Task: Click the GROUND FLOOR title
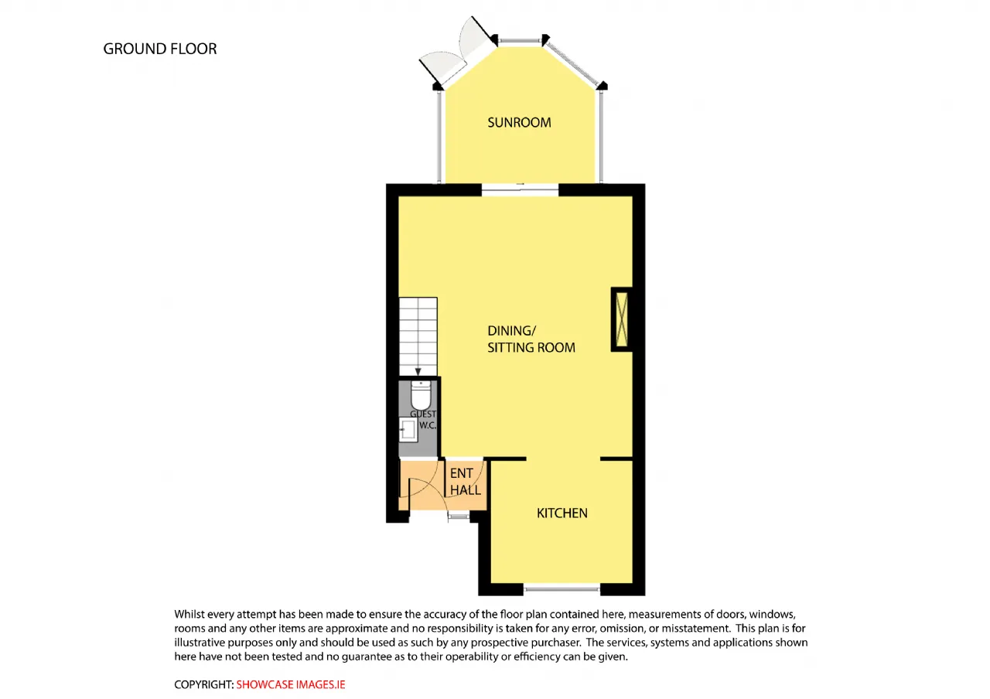pyautogui.click(x=160, y=49)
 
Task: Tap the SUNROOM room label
pyautogui.click(x=519, y=122)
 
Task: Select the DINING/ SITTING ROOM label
pyautogui.click(x=531, y=339)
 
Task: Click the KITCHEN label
pyautogui.click(x=562, y=513)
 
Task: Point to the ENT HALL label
pyautogui.click(x=466, y=482)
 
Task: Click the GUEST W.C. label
pyautogui.click(x=423, y=420)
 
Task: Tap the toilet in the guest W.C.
pyautogui.click(x=421, y=395)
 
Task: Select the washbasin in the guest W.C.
pyautogui.click(x=408, y=429)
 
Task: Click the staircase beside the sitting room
pyautogui.click(x=418, y=336)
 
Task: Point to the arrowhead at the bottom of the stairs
pyautogui.click(x=418, y=372)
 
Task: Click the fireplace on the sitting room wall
pyautogui.click(x=622, y=319)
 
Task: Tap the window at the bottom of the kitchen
pyautogui.click(x=562, y=588)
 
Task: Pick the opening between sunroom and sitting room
pyautogui.click(x=520, y=190)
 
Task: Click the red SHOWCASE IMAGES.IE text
pyautogui.click(x=291, y=684)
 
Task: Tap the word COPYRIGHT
pyautogui.click(x=203, y=684)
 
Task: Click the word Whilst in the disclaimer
pyautogui.click(x=189, y=614)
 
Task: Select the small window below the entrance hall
pyautogui.click(x=459, y=516)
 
